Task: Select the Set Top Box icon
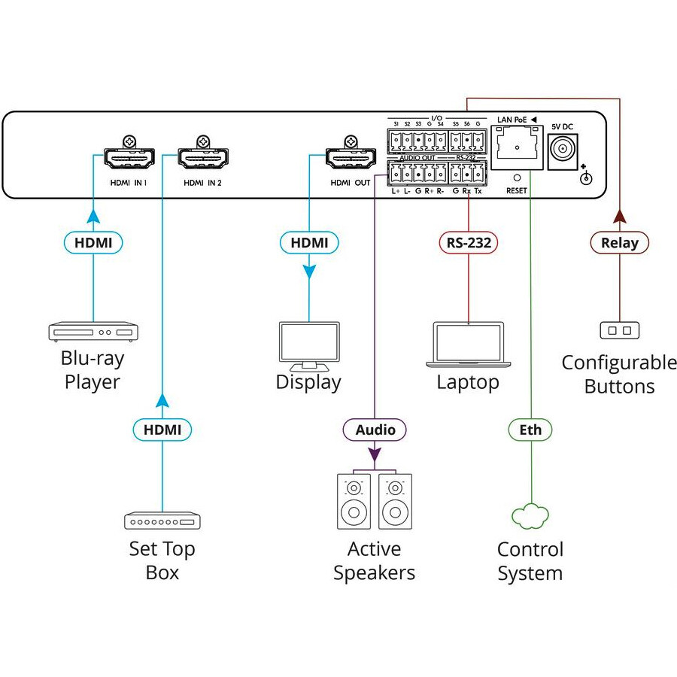click(162, 521)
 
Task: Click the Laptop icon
click(468, 346)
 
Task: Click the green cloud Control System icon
click(530, 518)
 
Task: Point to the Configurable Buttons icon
click(619, 330)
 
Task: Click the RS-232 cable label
click(469, 242)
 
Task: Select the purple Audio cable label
click(375, 430)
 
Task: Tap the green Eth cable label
click(530, 430)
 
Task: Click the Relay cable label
click(619, 242)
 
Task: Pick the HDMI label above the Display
click(309, 242)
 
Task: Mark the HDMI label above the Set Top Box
click(162, 430)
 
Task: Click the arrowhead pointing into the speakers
click(375, 455)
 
